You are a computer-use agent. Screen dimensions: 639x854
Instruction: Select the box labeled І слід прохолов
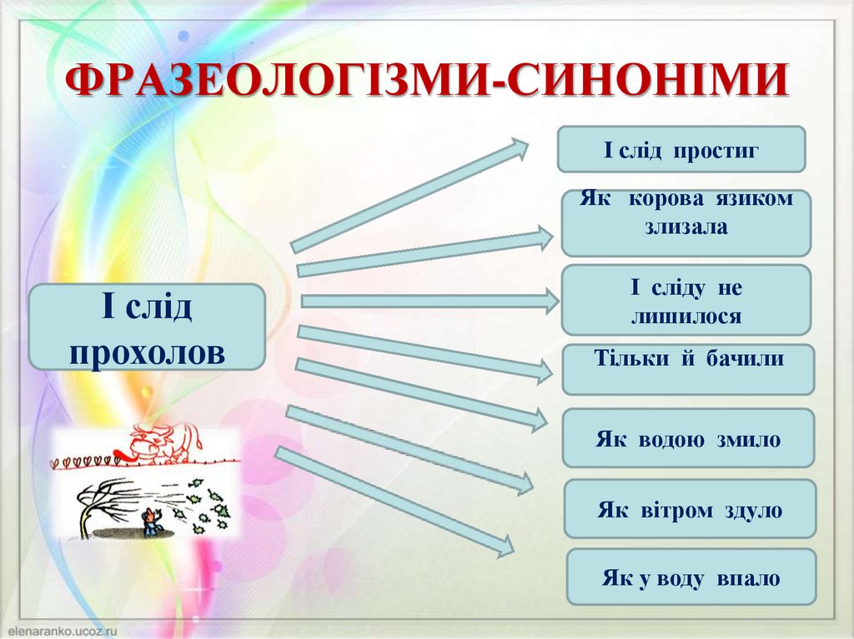(x=147, y=327)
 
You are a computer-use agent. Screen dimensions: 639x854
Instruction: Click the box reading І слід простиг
(x=681, y=150)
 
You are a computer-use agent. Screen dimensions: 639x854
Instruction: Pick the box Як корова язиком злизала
(x=686, y=222)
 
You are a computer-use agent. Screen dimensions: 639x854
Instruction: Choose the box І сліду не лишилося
(x=686, y=300)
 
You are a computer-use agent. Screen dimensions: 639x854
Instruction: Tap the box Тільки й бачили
(x=687, y=369)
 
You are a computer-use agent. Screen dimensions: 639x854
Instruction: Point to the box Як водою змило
(x=687, y=438)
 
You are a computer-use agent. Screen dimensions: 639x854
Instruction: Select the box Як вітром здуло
(x=689, y=509)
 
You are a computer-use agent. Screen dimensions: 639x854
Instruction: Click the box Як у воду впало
(x=691, y=577)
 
